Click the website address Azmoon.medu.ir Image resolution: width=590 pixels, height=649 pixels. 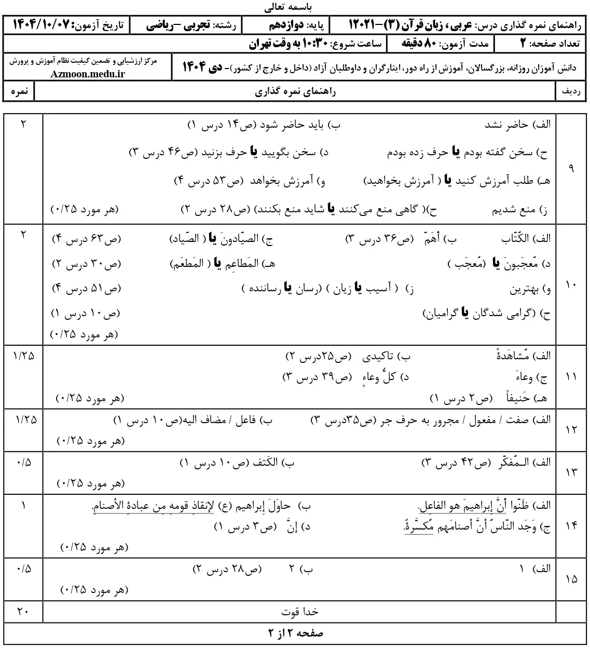point(88,74)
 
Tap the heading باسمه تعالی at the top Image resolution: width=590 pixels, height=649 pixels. point(294,7)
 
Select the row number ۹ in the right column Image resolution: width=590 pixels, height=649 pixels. point(571,169)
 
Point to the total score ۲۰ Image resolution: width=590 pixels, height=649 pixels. point(22,612)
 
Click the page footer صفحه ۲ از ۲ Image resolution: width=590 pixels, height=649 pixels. point(295,633)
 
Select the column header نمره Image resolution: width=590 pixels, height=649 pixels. point(19,92)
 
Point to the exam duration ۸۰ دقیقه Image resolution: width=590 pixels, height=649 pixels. point(421,44)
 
